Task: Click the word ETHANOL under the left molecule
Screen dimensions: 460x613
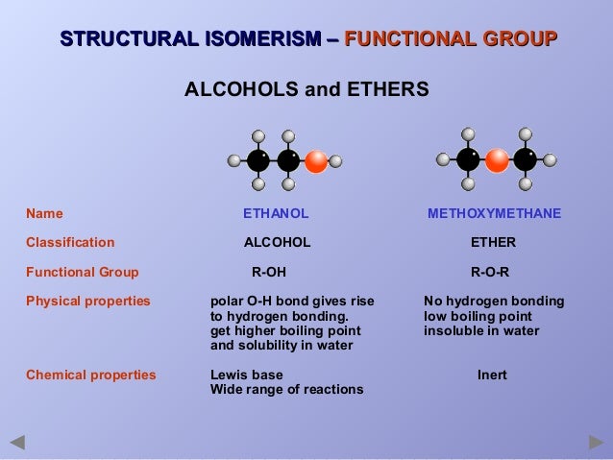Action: pos(276,213)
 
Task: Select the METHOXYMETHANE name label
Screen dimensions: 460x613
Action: pos(494,213)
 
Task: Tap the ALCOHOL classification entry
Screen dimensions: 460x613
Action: pos(277,242)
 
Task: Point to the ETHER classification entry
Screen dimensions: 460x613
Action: pos(493,242)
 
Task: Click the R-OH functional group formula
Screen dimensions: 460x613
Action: pos(269,272)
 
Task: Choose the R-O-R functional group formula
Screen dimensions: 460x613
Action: pos(490,272)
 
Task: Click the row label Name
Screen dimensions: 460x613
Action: pos(44,213)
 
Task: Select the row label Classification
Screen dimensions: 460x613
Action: pos(70,242)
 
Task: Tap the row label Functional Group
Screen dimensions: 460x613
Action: pos(82,272)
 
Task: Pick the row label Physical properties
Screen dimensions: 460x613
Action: pos(87,301)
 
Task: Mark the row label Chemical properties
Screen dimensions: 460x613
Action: pos(90,375)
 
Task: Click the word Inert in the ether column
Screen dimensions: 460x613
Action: pos(492,375)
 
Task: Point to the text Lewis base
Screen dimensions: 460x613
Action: pos(246,375)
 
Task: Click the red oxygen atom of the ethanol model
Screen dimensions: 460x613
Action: pos(315,161)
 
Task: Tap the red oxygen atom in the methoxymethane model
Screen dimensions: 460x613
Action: pos(497,160)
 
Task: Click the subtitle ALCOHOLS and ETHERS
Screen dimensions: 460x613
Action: pos(306,90)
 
